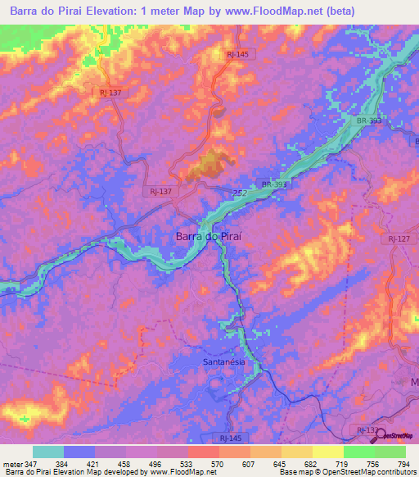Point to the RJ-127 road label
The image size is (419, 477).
coord(399,238)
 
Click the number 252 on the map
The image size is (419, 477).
coord(240,193)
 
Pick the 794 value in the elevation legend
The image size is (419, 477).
coord(403,463)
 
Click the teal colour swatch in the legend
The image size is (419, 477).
coord(48,452)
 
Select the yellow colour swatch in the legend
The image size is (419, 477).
coord(327,452)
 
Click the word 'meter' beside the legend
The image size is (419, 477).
coord(12,463)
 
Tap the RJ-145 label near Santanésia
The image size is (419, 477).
coord(231,439)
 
